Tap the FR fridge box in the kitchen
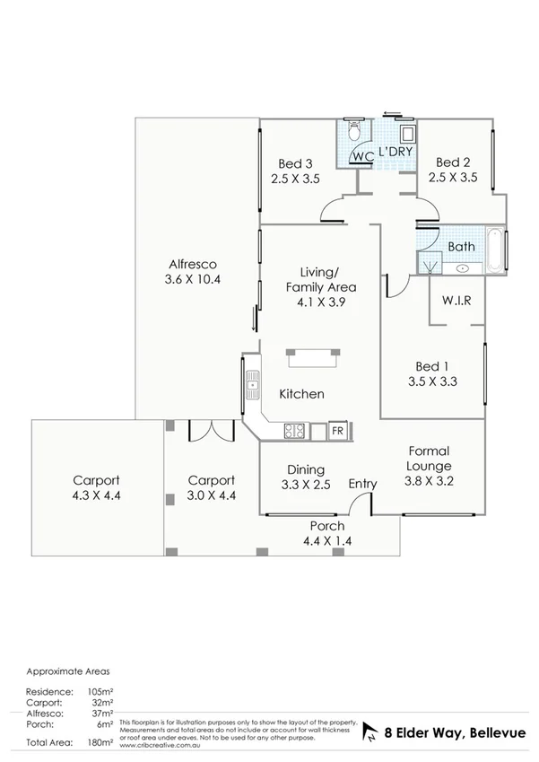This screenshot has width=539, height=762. click(x=337, y=431)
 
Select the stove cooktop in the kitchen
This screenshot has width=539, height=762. click(x=295, y=431)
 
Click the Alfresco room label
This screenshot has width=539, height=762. click(x=194, y=264)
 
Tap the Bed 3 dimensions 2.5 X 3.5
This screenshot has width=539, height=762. click(x=295, y=179)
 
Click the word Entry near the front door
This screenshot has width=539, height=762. click(x=363, y=484)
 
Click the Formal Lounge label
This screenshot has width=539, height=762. click(x=429, y=459)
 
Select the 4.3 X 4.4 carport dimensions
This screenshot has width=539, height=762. click(x=98, y=495)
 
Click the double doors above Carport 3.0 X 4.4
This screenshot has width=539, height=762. click(x=211, y=431)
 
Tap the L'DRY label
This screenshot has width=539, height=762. click(x=395, y=153)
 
